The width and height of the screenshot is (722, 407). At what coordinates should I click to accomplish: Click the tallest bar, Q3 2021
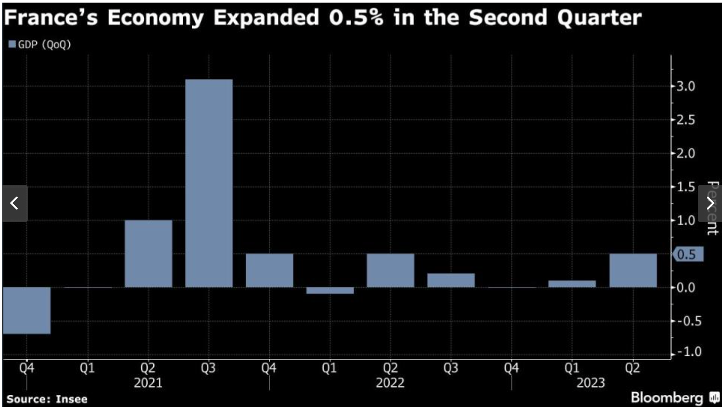(x=209, y=183)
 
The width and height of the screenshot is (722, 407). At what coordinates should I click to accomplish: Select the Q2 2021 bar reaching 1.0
(x=148, y=253)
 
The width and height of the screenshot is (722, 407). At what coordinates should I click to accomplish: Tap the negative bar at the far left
(x=26, y=310)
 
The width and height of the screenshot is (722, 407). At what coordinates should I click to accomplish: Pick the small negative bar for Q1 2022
(x=330, y=291)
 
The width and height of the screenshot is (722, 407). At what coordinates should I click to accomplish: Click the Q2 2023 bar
(x=633, y=270)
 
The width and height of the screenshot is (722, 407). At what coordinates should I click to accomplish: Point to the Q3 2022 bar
(x=451, y=280)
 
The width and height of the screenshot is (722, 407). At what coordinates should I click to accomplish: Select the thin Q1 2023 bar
(x=572, y=284)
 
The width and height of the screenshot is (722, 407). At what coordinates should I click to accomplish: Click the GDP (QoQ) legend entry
(x=40, y=45)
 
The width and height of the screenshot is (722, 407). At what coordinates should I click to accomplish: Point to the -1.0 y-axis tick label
(x=688, y=351)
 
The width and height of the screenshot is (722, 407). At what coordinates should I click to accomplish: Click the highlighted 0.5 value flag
(x=688, y=254)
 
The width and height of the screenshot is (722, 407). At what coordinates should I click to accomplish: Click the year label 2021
(x=148, y=383)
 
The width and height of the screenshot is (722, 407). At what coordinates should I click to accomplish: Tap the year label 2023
(x=590, y=383)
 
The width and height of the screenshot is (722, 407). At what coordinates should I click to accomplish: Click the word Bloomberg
(x=667, y=397)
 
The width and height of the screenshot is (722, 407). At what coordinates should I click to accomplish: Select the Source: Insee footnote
(x=47, y=399)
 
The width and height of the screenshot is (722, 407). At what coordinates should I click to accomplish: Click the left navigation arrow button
(x=15, y=203)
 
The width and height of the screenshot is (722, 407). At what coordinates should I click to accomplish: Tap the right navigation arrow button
(x=710, y=203)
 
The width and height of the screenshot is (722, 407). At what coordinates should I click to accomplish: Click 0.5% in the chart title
(x=356, y=18)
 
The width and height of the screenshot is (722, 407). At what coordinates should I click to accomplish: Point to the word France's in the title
(x=51, y=18)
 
